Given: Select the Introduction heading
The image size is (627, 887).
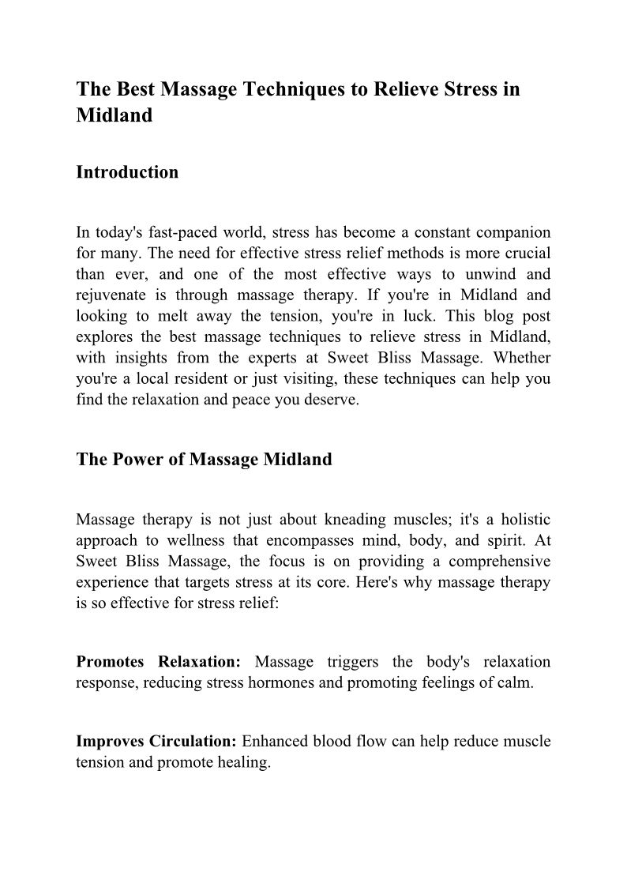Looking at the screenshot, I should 127,172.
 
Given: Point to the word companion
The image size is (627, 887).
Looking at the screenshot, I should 509,233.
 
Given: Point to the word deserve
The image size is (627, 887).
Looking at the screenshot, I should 336,400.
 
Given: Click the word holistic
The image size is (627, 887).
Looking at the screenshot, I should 521,520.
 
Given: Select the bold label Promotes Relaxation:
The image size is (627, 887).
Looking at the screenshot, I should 158,662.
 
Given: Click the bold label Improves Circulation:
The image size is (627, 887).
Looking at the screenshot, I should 156,742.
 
